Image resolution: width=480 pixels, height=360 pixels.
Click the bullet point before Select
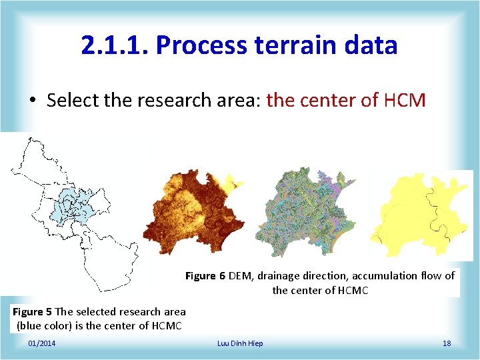33,101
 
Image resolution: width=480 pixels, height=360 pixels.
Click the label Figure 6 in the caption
205,276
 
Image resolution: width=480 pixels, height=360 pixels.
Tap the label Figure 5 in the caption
32,312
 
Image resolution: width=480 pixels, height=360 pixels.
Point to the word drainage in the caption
281,276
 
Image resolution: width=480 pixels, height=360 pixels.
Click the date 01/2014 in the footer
42,343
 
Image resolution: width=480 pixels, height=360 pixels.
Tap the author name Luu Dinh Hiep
240,343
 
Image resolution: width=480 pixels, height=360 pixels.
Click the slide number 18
447,343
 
